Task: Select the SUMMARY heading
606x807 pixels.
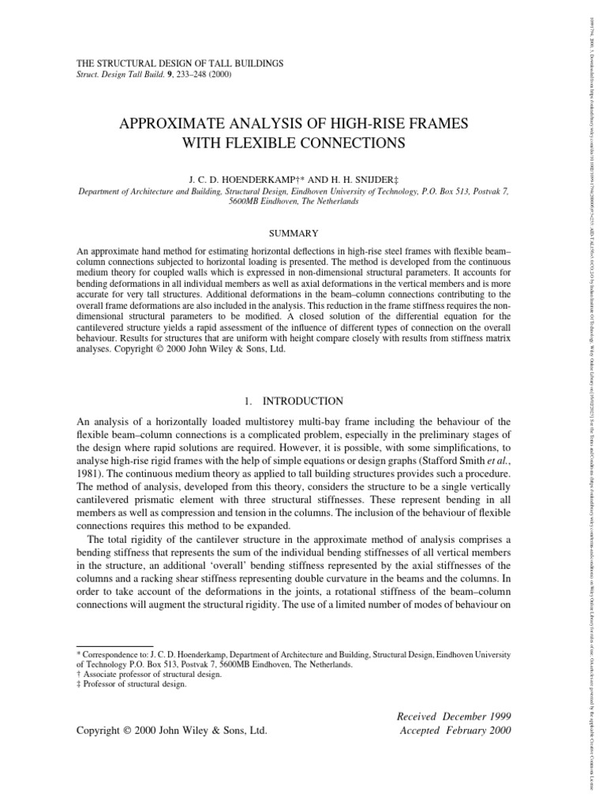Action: point(294,233)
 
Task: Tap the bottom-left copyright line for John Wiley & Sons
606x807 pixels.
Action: point(172,731)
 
